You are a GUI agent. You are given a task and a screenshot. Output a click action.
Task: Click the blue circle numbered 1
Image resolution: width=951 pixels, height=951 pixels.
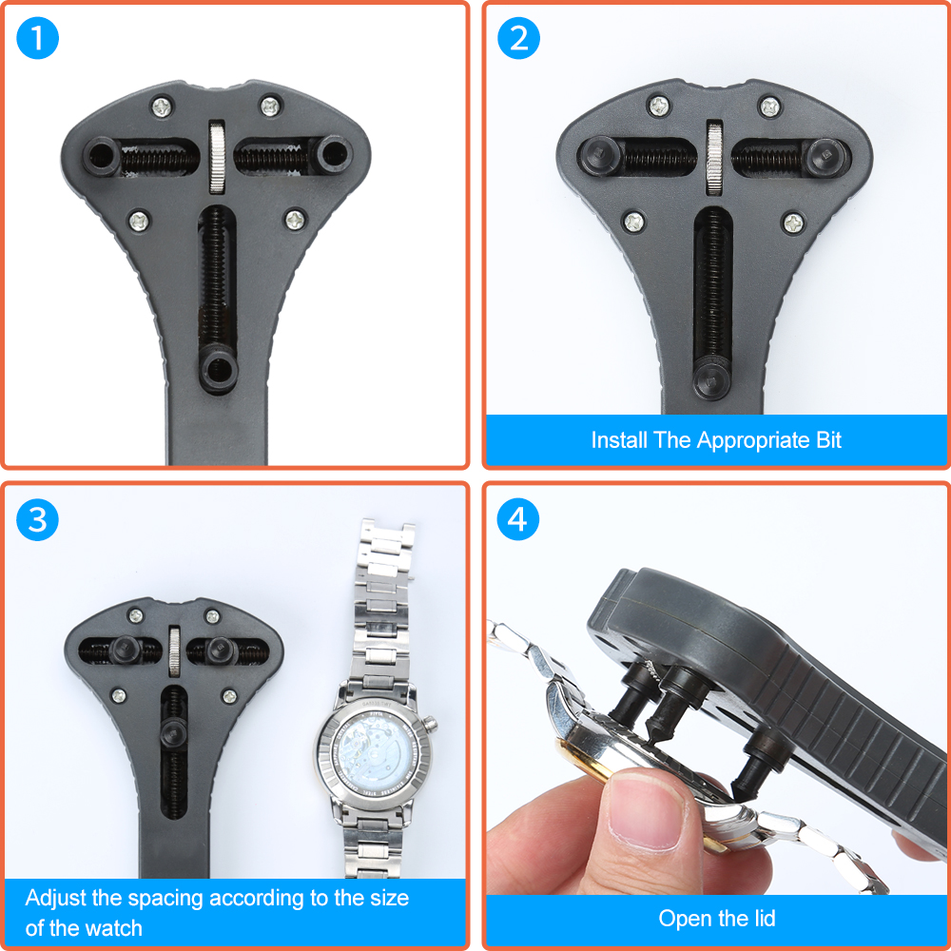click(x=38, y=38)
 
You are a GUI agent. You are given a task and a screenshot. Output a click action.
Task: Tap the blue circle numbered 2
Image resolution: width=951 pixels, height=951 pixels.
click(x=518, y=38)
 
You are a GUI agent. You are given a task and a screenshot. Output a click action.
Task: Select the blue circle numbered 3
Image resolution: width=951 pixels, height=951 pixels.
click(x=38, y=520)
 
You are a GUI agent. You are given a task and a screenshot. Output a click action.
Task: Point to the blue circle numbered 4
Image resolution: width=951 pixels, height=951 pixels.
click(x=518, y=520)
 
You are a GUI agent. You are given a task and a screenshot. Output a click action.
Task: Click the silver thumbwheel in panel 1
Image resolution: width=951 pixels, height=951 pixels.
click(x=217, y=157)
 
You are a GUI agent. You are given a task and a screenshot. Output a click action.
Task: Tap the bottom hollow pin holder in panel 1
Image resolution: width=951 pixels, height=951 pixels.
click(x=218, y=368)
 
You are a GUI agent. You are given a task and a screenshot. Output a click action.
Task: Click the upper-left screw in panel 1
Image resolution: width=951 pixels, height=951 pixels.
click(x=162, y=107)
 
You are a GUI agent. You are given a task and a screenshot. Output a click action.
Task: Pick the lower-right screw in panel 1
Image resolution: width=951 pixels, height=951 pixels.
click(x=296, y=219)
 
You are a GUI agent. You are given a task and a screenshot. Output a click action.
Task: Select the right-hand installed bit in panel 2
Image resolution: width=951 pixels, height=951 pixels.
click(x=826, y=157)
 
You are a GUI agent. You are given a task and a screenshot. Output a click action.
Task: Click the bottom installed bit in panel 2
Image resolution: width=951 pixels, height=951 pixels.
click(x=711, y=379)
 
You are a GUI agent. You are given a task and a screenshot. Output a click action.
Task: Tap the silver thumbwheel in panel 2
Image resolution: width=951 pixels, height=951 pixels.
click(x=714, y=158)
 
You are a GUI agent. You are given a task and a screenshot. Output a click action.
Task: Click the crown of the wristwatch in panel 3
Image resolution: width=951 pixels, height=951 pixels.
click(x=430, y=724)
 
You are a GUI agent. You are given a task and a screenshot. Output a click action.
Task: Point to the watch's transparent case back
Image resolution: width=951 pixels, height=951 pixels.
click(x=373, y=753)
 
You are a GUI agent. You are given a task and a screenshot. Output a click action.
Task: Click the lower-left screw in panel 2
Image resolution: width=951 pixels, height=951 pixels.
click(x=634, y=222)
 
